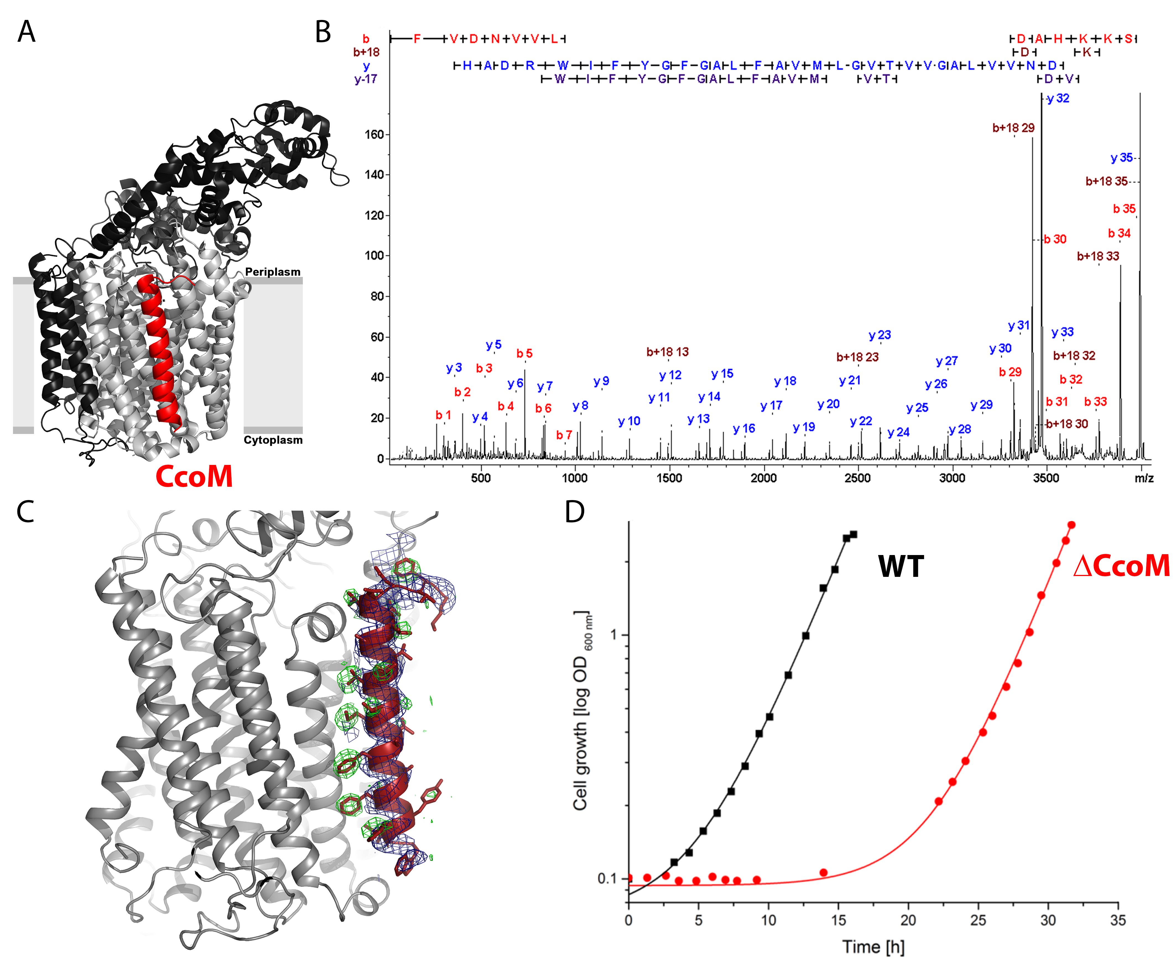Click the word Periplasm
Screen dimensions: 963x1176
(272, 272)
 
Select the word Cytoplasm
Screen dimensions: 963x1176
(273, 440)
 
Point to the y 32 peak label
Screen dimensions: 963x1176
(1058, 99)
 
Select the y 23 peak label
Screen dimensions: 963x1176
(880, 335)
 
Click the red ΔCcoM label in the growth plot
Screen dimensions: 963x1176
(1121, 566)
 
